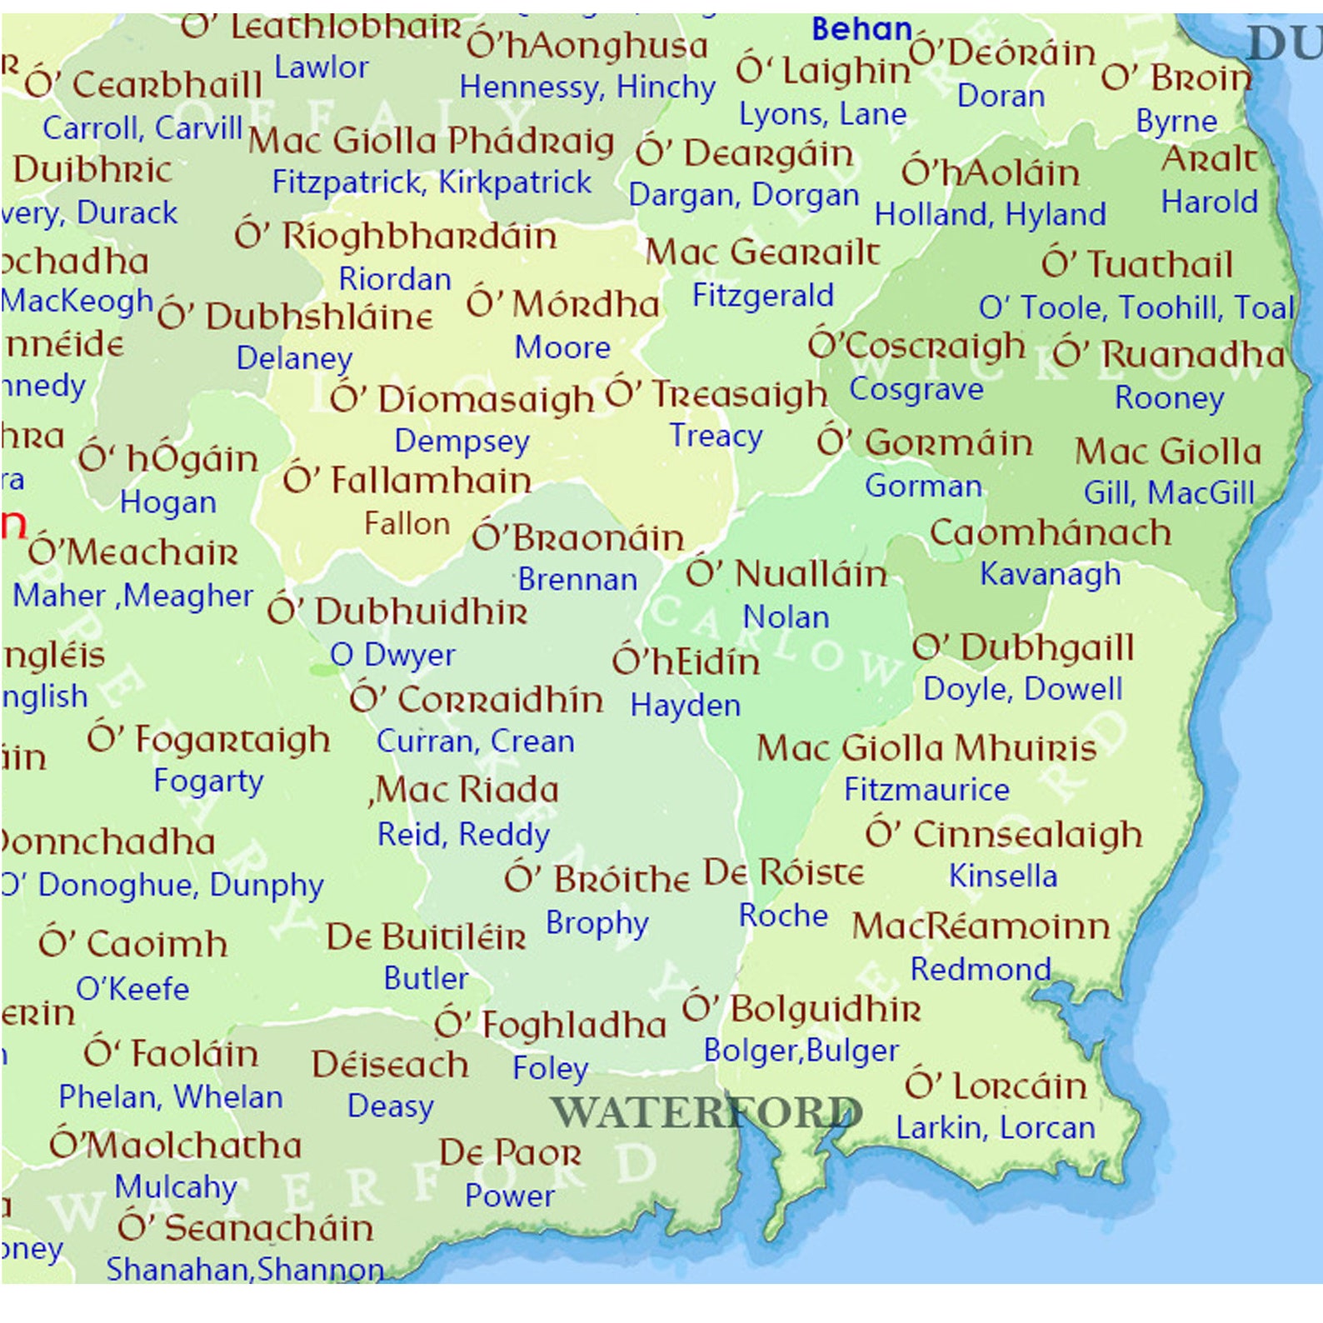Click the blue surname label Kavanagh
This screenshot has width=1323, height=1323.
[1050, 574]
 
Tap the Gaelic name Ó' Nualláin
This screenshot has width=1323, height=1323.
[786, 574]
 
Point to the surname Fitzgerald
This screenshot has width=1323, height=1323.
[762, 296]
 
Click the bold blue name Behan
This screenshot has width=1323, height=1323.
[861, 29]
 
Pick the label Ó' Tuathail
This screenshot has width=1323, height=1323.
[1136, 265]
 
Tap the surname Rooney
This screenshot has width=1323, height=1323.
[1169, 398]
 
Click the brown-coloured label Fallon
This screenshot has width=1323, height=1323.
[407, 524]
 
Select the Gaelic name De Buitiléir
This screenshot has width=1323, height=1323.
[426, 937]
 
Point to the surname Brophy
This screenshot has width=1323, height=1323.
[597, 923]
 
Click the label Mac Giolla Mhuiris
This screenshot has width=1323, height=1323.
[926, 748]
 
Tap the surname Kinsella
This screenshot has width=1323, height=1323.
[1002, 876]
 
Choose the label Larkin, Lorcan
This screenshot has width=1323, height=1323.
[995, 1128]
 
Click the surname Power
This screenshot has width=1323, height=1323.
[509, 1196]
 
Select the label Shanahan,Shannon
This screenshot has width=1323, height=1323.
[245, 1269]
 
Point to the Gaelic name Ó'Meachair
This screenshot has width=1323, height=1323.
[133, 552]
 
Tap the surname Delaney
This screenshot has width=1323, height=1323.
[294, 358]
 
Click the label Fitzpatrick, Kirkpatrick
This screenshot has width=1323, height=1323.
[432, 182]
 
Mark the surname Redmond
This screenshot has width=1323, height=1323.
[981, 969]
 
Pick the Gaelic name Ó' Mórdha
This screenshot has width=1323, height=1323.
[562, 304]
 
